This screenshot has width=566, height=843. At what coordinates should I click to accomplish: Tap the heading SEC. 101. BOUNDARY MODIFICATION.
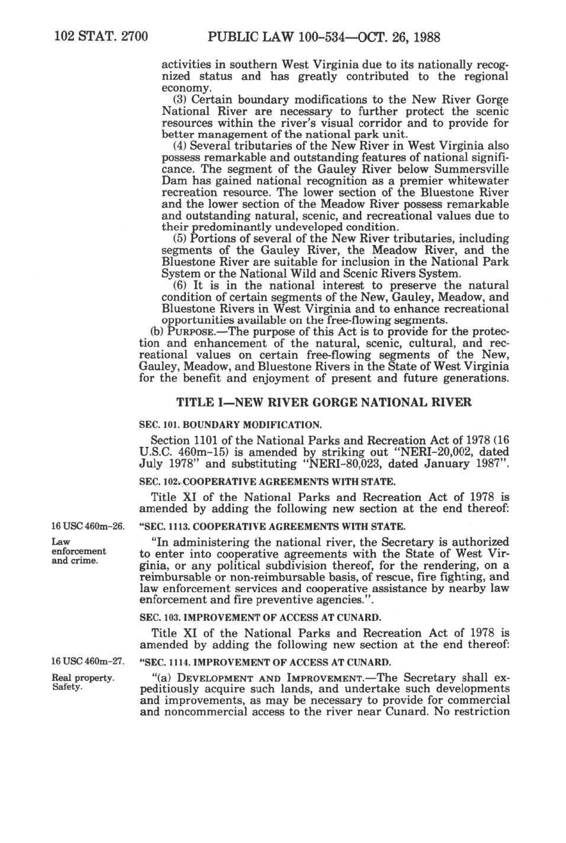coord(230,425)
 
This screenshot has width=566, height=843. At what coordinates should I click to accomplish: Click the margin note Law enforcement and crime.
coord(79,551)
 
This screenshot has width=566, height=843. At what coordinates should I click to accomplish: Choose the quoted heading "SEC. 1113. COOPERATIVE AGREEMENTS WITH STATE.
coord(272,527)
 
